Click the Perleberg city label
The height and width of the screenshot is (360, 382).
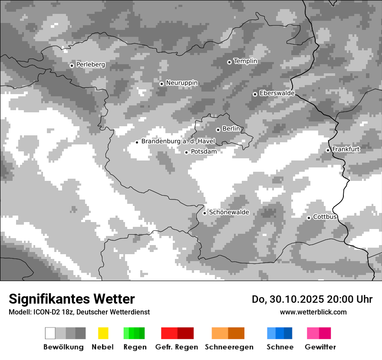90,65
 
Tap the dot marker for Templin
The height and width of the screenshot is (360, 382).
229,62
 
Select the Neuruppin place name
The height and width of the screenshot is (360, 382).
181,83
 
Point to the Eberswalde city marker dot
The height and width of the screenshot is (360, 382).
255,94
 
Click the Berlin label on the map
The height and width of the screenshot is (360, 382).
231,129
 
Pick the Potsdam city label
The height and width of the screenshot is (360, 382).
204,152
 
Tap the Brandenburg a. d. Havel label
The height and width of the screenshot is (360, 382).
178,141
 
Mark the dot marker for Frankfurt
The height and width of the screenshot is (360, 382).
328,150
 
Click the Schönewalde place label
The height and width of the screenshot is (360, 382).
229,213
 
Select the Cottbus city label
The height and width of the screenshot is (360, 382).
325,217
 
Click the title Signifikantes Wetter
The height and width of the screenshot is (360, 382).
72,299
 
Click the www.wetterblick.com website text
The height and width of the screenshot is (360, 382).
313,312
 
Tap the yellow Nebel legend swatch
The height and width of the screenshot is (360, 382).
103,333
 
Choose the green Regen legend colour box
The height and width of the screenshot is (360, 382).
134,333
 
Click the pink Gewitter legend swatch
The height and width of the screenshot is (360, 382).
319,333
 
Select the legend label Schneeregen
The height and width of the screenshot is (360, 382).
229,347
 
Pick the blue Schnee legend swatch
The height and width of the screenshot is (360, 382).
280,333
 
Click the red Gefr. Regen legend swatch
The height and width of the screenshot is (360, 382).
177,333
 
